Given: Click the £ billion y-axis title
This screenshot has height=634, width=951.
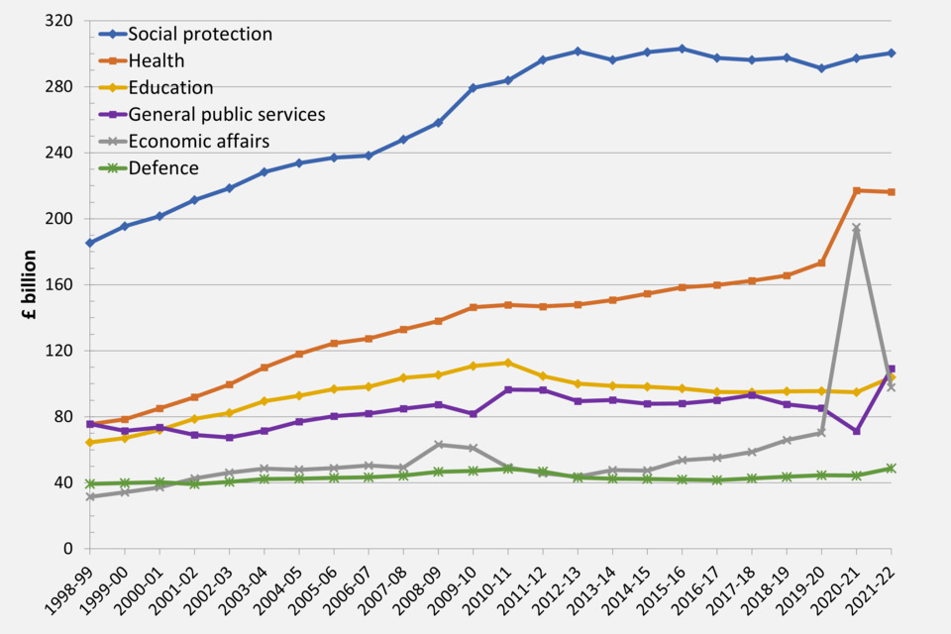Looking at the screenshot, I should pos(30,283).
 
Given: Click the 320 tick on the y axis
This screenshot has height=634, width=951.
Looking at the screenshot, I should pos(61,21).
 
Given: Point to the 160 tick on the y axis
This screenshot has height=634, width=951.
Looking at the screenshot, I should pos(61,284).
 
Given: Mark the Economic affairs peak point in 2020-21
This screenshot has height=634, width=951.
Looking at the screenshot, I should pos(857,228).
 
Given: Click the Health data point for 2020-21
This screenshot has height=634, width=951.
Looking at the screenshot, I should pos(857,190).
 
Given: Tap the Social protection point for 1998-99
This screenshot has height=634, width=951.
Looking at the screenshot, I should pos(90,243).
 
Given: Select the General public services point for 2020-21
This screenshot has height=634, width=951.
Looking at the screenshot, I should pos(857,431).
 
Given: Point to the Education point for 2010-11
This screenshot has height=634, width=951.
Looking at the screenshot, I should pos(508,363).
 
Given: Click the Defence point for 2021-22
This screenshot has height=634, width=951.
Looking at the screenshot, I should pos(892,468).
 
